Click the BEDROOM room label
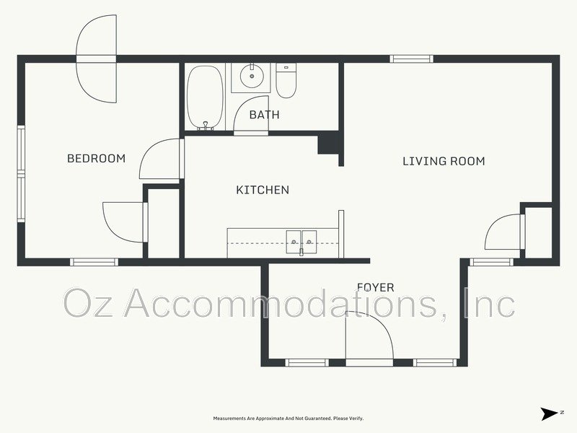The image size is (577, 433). click(96, 159)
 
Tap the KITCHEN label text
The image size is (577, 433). click(263, 190)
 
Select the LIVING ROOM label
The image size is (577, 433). click(444, 161)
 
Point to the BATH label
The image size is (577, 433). click(264, 115)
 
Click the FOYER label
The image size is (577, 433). click(376, 287)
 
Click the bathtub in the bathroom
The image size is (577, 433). click(205, 98)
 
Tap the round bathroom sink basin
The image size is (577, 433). click(252, 76)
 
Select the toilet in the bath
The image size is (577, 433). click(286, 80)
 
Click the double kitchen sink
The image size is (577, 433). click(301, 242)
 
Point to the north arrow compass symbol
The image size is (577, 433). click(551, 414)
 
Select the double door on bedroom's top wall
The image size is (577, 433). click(97, 59)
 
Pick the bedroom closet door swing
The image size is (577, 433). click(125, 222)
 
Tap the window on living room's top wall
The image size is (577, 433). click(411, 59)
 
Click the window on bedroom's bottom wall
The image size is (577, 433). click(94, 262)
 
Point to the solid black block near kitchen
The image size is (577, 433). click(328, 144)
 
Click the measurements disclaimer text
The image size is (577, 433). click(288, 419)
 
